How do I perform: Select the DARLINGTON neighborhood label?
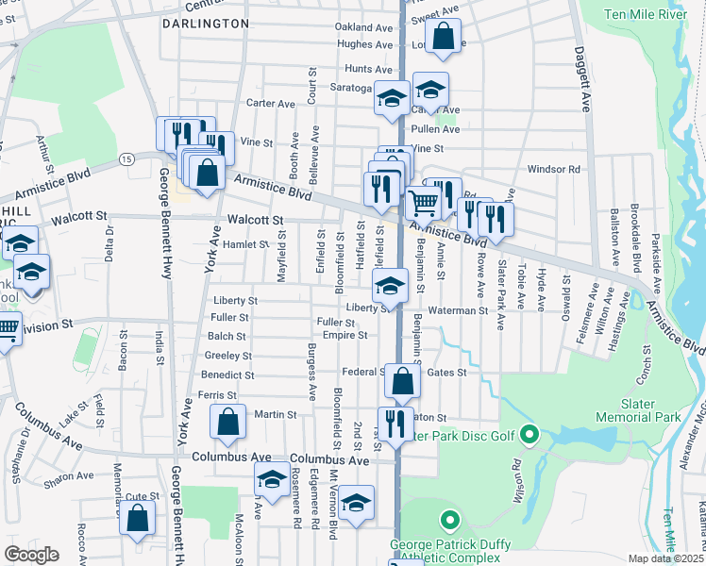point(206,23)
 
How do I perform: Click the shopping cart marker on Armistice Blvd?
point(424,202)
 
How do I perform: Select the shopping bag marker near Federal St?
point(402,382)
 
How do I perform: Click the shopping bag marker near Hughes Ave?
point(444,38)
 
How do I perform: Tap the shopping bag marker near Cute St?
point(138,518)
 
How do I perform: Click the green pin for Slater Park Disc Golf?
point(529,435)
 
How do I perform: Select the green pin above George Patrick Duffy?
point(450,520)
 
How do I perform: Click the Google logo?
point(32,555)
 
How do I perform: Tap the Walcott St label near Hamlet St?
point(255,220)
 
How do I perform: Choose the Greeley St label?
point(227,356)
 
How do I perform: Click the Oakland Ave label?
point(363,27)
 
